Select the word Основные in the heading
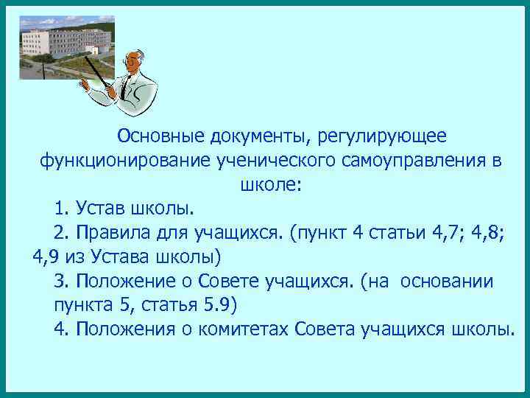pyautogui.click(x=161, y=136)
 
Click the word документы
pyautogui.click(x=252, y=136)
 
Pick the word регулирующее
pyautogui.click(x=373, y=136)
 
